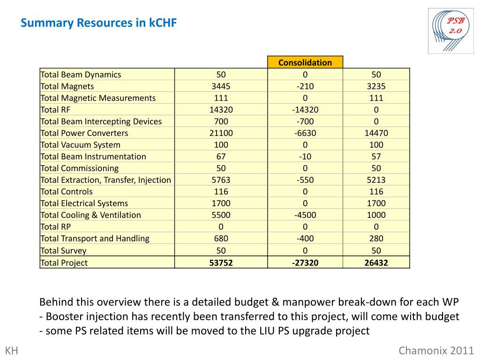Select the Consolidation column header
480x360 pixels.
(x=305, y=62)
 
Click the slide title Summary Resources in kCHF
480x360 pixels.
(x=98, y=23)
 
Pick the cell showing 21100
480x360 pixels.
(x=221, y=133)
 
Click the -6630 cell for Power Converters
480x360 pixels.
(x=305, y=133)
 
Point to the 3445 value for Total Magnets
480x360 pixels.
(x=221, y=86)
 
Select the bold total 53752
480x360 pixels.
(x=221, y=263)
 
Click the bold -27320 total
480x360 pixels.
(x=305, y=263)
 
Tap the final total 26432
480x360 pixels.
(x=376, y=263)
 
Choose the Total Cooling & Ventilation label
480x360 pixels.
(x=90, y=215)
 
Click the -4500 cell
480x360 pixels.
(x=305, y=215)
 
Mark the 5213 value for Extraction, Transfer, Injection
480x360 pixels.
(x=376, y=180)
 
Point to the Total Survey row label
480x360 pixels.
(x=63, y=250)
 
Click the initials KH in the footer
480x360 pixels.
(x=11, y=351)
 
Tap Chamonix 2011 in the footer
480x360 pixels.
(x=436, y=351)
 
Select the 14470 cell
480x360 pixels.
(x=376, y=133)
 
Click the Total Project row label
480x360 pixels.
(x=64, y=263)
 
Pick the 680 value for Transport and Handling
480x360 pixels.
(x=221, y=239)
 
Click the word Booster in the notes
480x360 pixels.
(x=64, y=316)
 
